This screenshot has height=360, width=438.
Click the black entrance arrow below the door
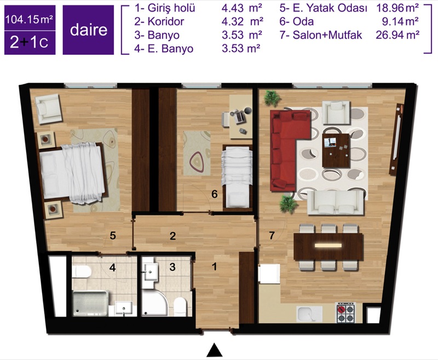[x=214, y=350]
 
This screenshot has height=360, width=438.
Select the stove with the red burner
[x=345, y=312]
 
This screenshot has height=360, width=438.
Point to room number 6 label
[x=214, y=193]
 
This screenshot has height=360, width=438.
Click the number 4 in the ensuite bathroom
[x=112, y=268]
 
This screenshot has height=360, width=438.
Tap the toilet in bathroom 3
[x=180, y=306]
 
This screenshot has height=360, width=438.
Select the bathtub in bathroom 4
[x=90, y=303]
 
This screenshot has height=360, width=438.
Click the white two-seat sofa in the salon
[x=336, y=202]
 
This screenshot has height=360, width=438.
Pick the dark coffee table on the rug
[x=336, y=150]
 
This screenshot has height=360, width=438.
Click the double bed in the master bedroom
[x=73, y=172]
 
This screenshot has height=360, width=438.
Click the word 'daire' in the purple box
[x=89, y=30]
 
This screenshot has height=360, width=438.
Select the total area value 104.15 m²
[x=30, y=19]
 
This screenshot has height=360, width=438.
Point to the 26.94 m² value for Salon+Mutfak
[x=397, y=35]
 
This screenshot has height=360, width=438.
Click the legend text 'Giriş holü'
[x=171, y=8]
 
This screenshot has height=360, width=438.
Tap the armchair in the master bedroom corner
[x=48, y=109]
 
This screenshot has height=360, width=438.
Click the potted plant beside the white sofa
[x=289, y=205]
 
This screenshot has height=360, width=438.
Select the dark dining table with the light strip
[x=328, y=247]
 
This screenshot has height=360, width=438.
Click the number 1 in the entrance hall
[x=214, y=267]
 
